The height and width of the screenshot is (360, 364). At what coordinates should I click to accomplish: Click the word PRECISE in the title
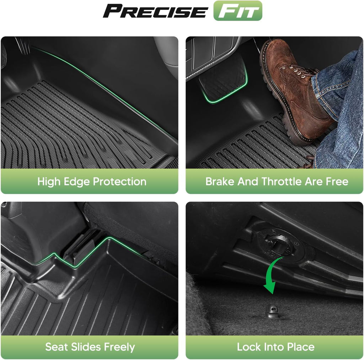point(155,11)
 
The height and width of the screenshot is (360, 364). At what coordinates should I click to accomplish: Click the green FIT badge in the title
point(238,11)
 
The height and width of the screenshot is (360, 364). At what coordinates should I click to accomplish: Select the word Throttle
point(282,181)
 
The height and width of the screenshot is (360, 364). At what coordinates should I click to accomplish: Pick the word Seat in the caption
point(57,347)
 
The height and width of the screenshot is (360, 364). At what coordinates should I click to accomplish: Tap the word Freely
point(119,347)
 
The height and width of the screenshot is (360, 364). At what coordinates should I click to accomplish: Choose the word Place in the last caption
point(301,347)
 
